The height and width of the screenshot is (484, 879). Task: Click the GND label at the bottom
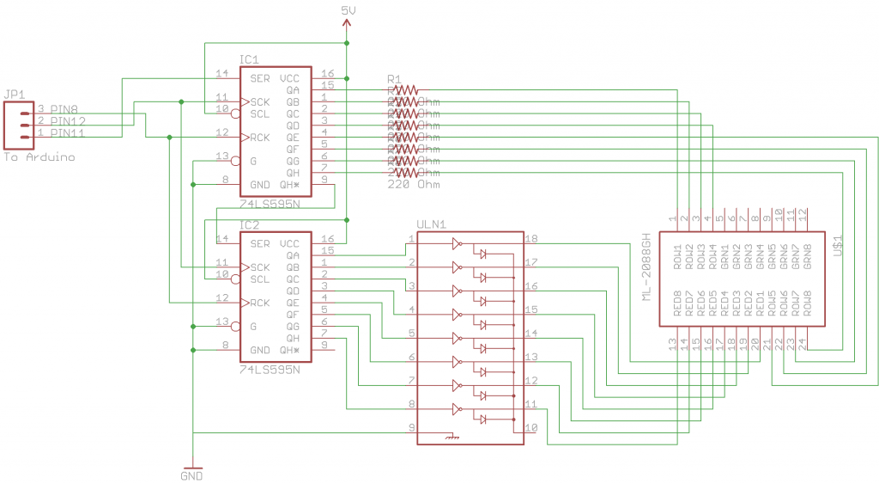coord(193,475)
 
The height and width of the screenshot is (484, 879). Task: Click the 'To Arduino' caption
coord(39,158)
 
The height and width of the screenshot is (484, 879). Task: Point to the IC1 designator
coord(249,60)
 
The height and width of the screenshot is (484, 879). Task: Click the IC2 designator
coord(249,225)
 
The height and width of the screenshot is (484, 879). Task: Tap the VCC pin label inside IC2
coord(289,243)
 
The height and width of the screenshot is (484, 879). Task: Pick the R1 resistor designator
coord(395,78)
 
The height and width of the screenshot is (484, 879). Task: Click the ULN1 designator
coord(431,224)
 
